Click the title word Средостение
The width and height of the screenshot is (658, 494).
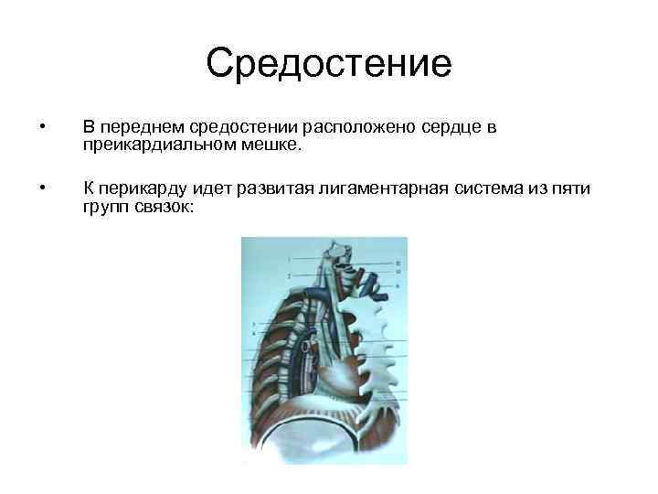tap(329, 64)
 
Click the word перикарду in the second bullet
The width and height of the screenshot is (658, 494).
tap(144, 189)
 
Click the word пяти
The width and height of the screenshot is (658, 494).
tap(572, 189)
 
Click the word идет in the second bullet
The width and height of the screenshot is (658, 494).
tap(212, 189)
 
